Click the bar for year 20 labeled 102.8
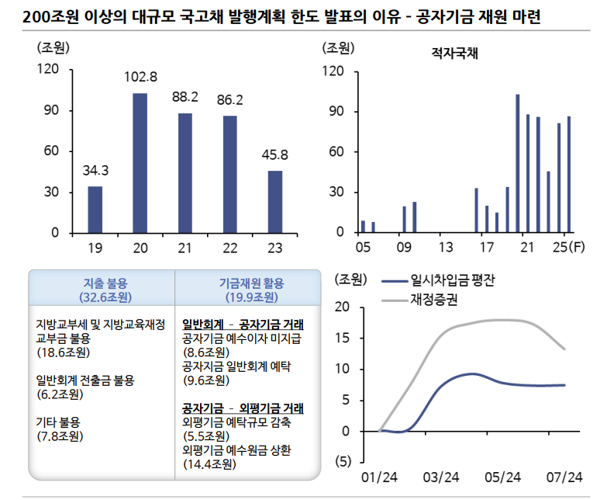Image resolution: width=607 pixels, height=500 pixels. [140, 163]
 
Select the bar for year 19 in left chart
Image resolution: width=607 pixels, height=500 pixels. [95, 210]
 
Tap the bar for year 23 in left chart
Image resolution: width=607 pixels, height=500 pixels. [275, 202]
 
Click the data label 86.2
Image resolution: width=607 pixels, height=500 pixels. [229, 100]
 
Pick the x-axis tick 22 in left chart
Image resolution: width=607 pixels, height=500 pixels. [229, 248]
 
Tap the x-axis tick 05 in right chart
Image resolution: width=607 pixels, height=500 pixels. [362, 248]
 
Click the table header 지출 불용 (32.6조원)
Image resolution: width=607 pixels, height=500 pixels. [102, 289]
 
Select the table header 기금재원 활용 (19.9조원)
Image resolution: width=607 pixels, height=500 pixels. [244, 289]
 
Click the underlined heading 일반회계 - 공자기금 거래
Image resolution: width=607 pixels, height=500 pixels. [243, 324]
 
